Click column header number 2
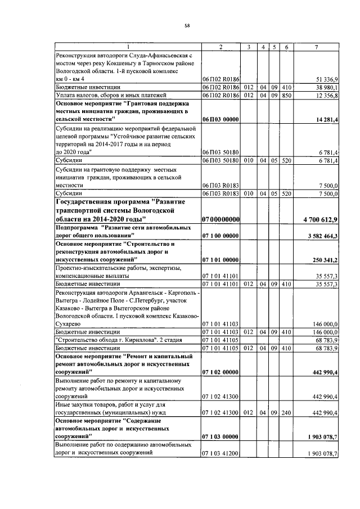(x=220, y=47)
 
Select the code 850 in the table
(x=286, y=96)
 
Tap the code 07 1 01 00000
(x=220, y=260)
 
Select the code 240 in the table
(x=286, y=413)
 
